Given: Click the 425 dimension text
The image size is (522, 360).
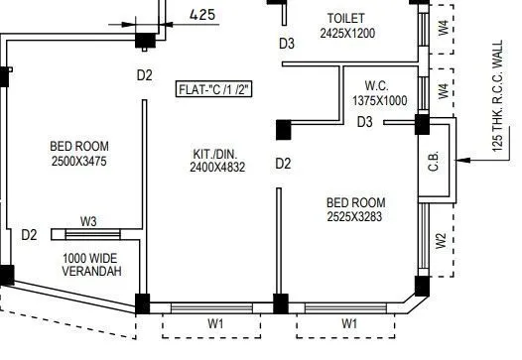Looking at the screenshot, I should pos(201,14).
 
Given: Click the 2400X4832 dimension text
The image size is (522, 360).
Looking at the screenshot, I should pos(218,168).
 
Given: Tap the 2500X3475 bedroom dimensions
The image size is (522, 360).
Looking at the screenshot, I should pos(77,161).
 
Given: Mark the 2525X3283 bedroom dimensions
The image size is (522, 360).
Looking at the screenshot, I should pos(354,216).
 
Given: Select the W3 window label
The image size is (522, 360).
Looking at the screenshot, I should pos(88,221).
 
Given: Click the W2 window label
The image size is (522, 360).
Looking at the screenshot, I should pos(440,241).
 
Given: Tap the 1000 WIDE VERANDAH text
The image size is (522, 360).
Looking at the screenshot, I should pos(91,263).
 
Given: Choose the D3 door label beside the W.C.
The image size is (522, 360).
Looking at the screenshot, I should pos(365,122).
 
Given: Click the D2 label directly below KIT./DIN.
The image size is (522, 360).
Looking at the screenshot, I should pos(283,164).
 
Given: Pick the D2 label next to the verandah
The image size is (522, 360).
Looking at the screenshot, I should pos(29,235).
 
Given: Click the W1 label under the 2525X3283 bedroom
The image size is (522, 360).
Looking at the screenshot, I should pos(349,323).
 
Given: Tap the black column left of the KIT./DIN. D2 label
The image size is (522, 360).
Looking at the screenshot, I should pos(283,127).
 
